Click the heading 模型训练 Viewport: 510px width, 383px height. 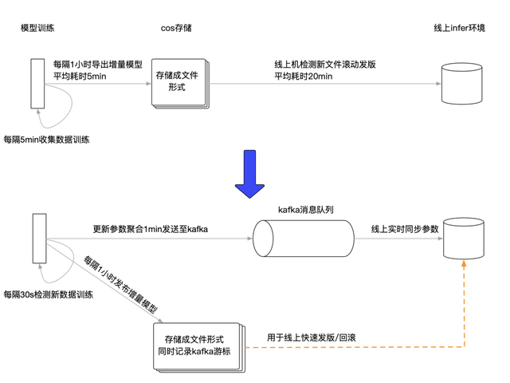tap(37, 28)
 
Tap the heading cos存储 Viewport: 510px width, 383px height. tap(176, 28)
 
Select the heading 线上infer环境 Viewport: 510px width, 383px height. tap(460, 28)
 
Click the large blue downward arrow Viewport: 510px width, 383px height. tap(249, 175)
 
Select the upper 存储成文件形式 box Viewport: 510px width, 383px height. tap(176, 81)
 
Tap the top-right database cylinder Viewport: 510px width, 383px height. tap(463, 82)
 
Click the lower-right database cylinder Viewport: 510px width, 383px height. tap(463, 237)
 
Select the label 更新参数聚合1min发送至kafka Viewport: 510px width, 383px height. tap(151, 229)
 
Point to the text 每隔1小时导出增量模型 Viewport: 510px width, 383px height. tap(96, 65)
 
